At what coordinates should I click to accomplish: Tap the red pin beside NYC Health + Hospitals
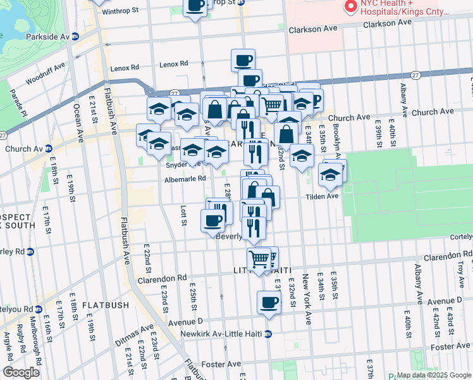point(350,7)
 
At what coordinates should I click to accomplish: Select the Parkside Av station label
point(47,37)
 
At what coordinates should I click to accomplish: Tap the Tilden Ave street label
point(324,196)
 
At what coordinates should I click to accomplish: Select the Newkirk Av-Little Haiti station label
point(221,333)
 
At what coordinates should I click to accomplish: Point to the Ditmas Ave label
point(134,337)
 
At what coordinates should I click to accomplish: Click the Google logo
point(21,372)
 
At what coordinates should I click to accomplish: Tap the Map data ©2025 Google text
point(434,375)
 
